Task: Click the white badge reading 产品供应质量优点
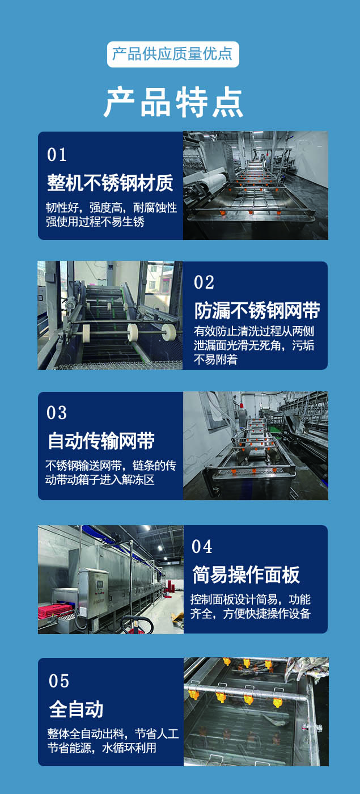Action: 173,54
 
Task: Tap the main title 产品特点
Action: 173,102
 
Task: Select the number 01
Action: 57,154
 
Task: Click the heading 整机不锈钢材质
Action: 110,183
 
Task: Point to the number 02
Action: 204,282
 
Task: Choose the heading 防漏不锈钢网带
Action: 257,311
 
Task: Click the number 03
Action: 57,412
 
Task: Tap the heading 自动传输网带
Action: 101,441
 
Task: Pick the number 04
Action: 202,547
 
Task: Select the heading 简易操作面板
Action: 246,575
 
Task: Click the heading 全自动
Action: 76,709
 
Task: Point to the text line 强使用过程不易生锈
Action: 95,222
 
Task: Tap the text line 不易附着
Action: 215,360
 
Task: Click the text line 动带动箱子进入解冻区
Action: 100,480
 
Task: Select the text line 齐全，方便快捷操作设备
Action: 250,614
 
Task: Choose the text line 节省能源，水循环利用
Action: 102,748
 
